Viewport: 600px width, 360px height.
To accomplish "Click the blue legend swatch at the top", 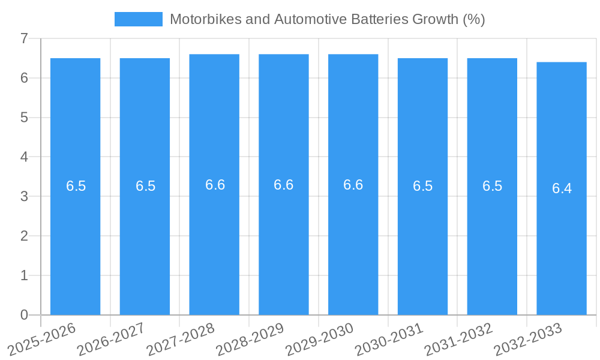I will [x=139, y=19].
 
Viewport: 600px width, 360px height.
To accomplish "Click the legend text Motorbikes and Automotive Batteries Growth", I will [x=327, y=19].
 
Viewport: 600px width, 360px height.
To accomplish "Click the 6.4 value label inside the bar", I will [x=562, y=188].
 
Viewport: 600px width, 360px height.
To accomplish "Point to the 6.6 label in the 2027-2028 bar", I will [x=215, y=185].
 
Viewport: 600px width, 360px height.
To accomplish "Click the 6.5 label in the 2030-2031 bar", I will [x=422, y=186].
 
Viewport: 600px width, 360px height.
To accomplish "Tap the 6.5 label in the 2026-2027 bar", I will [x=145, y=186].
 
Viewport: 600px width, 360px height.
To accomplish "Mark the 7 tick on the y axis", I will [x=24, y=38].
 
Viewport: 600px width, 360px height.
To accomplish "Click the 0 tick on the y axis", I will [x=24, y=315].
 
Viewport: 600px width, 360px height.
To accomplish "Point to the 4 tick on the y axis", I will [x=24, y=157].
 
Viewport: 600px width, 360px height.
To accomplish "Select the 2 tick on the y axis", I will [x=24, y=236].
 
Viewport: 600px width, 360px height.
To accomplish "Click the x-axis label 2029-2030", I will [x=319, y=339].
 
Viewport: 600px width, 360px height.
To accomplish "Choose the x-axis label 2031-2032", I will [x=458, y=339].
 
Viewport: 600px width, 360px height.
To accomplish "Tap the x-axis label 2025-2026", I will [x=42, y=339].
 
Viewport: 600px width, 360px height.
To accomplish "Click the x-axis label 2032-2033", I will [x=528, y=339].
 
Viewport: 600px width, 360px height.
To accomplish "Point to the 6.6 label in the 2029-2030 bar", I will [x=353, y=185].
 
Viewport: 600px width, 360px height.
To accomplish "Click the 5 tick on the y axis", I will [x=24, y=118].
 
